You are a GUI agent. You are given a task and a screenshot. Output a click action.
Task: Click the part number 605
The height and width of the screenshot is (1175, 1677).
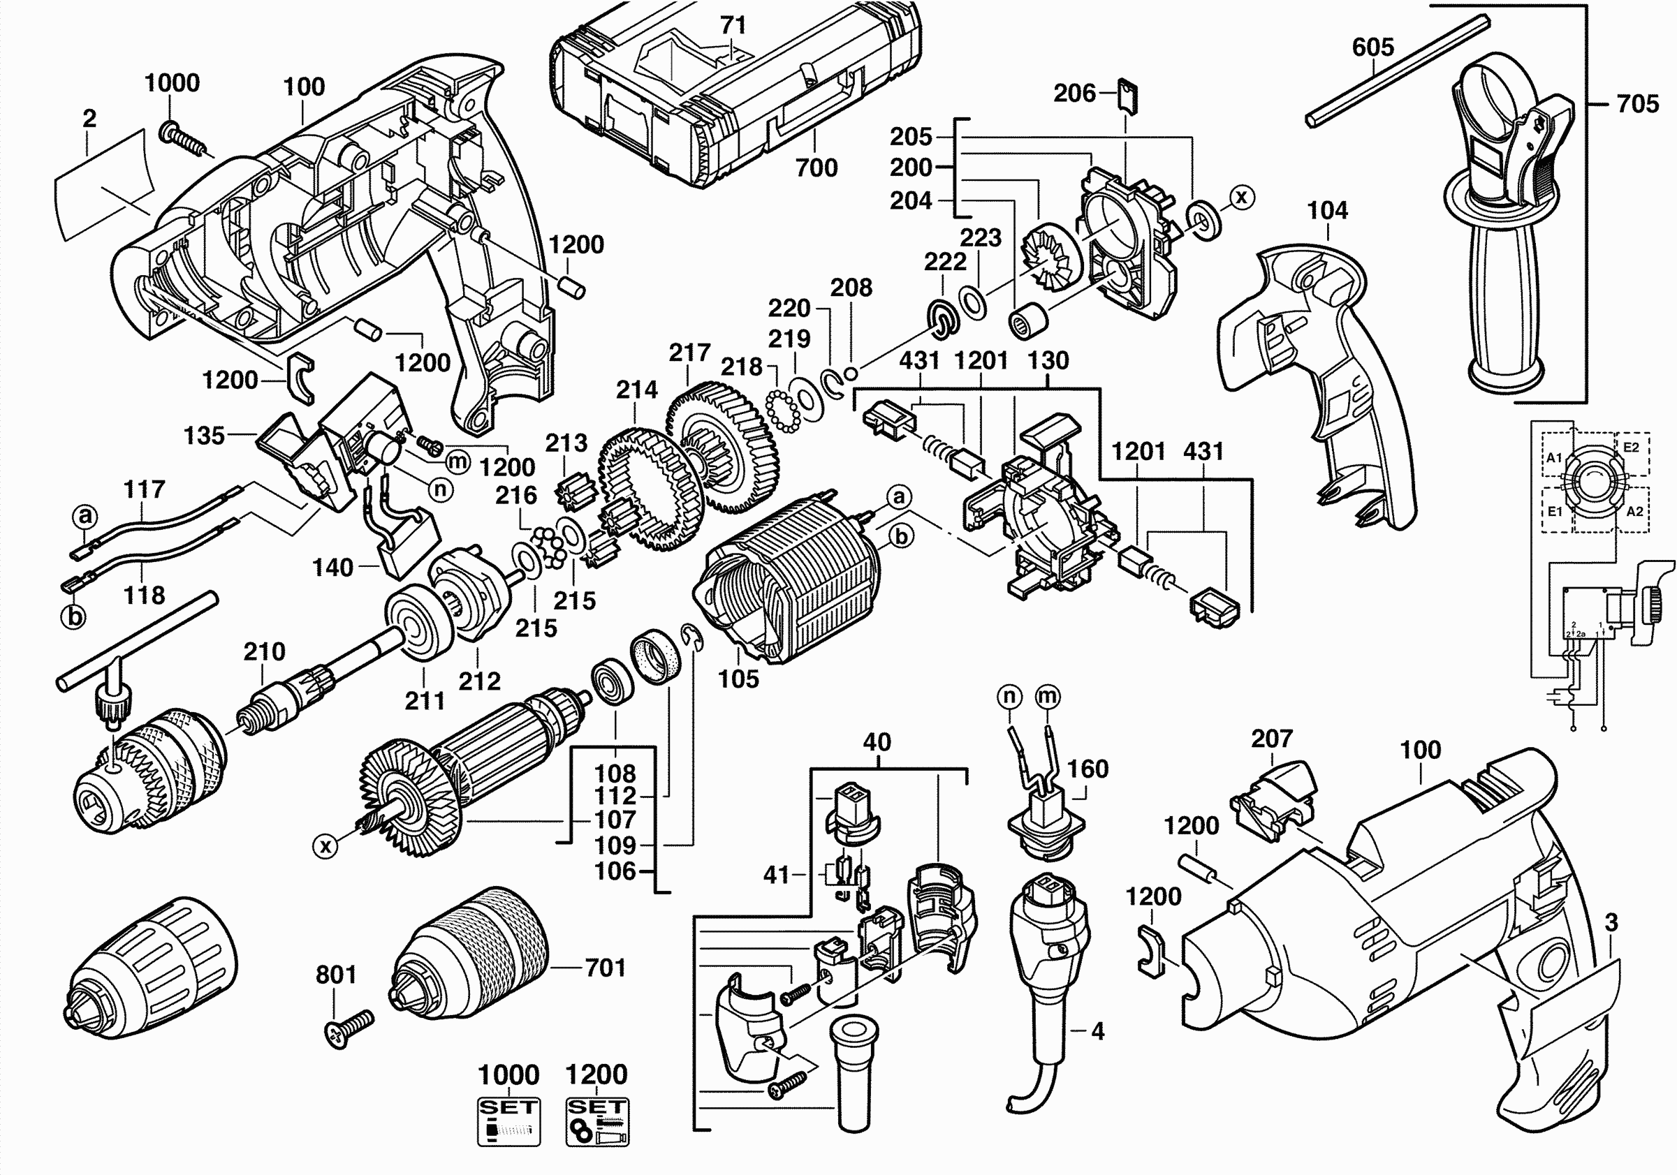[1372, 47]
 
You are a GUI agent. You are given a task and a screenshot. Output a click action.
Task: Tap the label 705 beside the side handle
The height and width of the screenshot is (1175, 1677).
[1638, 104]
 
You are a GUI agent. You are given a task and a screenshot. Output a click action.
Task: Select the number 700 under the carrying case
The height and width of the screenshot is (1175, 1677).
[816, 168]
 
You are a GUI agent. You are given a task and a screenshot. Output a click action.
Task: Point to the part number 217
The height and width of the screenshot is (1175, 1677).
[689, 353]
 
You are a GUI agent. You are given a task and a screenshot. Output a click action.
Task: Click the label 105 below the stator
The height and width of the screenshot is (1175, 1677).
[738, 679]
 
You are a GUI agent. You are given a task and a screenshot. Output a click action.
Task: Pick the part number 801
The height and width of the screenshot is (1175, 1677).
[336, 974]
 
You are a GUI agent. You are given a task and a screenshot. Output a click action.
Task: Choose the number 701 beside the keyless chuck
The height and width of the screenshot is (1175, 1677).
[606, 968]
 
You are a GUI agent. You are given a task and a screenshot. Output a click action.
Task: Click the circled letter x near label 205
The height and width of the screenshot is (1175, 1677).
[1242, 197]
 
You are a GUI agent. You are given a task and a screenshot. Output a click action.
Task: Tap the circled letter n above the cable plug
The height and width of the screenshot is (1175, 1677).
[1009, 696]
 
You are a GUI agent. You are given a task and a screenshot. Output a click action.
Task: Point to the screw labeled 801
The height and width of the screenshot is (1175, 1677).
[349, 1028]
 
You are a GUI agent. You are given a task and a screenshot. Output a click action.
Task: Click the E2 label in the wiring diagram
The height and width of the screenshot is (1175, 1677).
[1631, 447]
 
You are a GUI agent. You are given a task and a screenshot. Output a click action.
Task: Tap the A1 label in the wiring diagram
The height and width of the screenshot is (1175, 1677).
[1555, 457]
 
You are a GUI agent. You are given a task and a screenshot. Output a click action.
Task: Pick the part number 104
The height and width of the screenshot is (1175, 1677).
[1327, 211]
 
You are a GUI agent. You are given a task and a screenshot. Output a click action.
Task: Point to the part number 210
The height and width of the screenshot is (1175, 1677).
[265, 651]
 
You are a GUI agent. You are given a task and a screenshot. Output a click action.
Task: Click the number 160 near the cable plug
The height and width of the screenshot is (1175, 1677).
[1088, 769]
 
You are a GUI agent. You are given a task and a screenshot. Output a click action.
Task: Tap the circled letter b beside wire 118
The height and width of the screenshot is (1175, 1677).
[74, 617]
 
